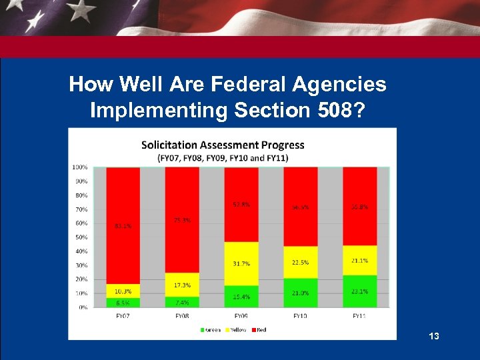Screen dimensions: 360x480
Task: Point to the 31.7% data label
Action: (x=241, y=264)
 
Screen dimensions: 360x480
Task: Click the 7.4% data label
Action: (x=182, y=302)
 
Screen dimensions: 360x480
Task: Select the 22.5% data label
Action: (x=301, y=262)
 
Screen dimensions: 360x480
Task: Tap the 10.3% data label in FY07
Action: (x=123, y=291)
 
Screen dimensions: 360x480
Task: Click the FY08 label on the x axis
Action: (x=182, y=315)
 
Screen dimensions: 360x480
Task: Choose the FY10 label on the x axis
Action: (x=301, y=315)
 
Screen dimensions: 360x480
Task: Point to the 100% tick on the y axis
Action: (x=79, y=167)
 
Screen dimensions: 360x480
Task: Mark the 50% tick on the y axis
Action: (x=81, y=237)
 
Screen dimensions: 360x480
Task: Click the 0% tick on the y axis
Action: (x=83, y=307)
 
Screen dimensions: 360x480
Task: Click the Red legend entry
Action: (x=258, y=330)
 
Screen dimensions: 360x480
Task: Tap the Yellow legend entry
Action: (x=233, y=330)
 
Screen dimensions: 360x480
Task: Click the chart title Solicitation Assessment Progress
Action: (x=223, y=145)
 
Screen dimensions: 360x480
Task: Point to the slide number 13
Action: (x=434, y=337)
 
